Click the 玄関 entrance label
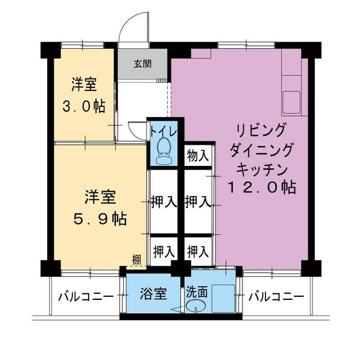pyautogui.click(x=143, y=63)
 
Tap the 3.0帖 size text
pyautogui.click(x=84, y=106)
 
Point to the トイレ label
pyautogui.click(x=162, y=130)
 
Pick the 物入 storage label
pyautogui.click(x=198, y=155)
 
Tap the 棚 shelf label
pyautogui.click(x=137, y=260)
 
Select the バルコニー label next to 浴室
pyautogui.click(x=86, y=297)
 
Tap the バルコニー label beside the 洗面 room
pyautogui.click(x=276, y=297)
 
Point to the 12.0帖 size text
pyautogui.click(x=261, y=187)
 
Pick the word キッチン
pyautogui.click(x=261, y=168)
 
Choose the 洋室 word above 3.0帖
pyautogui.click(x=84, y=84)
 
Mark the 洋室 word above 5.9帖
pyautogui.click(x=100, y=197)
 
